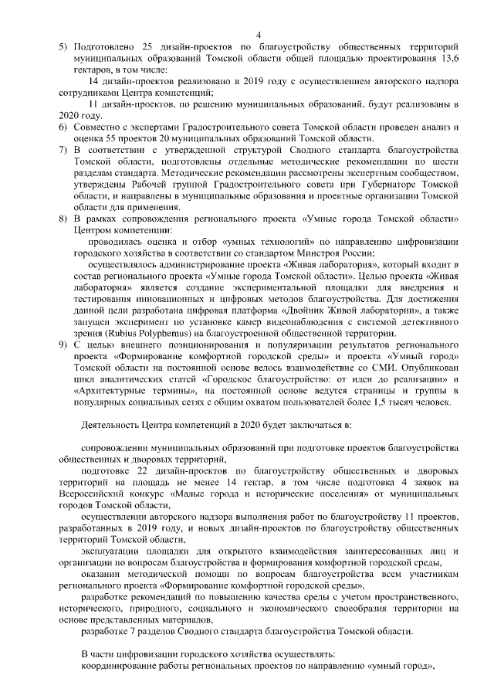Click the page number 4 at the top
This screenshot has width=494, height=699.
pos(259,35)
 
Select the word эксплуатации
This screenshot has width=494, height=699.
pos(110,551)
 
